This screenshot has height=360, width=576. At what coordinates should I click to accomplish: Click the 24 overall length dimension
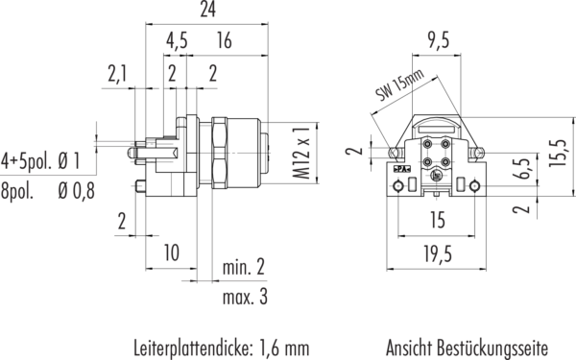pos(208,10)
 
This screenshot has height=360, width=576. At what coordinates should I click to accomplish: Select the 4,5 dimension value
pos(177,40)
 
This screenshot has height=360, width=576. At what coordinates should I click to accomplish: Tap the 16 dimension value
pos(224,40)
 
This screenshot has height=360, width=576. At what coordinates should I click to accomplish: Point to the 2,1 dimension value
pos(117,74)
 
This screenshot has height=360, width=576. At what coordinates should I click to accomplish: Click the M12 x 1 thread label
pos(301,154)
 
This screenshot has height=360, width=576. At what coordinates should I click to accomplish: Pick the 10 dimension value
pos(171,252)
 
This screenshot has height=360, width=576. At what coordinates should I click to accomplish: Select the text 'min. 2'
pos(244,267)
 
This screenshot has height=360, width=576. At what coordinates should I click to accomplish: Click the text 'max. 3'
pos(245,297)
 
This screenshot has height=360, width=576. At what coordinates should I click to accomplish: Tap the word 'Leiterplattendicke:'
pos(194,348)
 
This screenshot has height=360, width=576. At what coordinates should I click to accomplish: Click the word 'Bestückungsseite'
pos(492,348)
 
